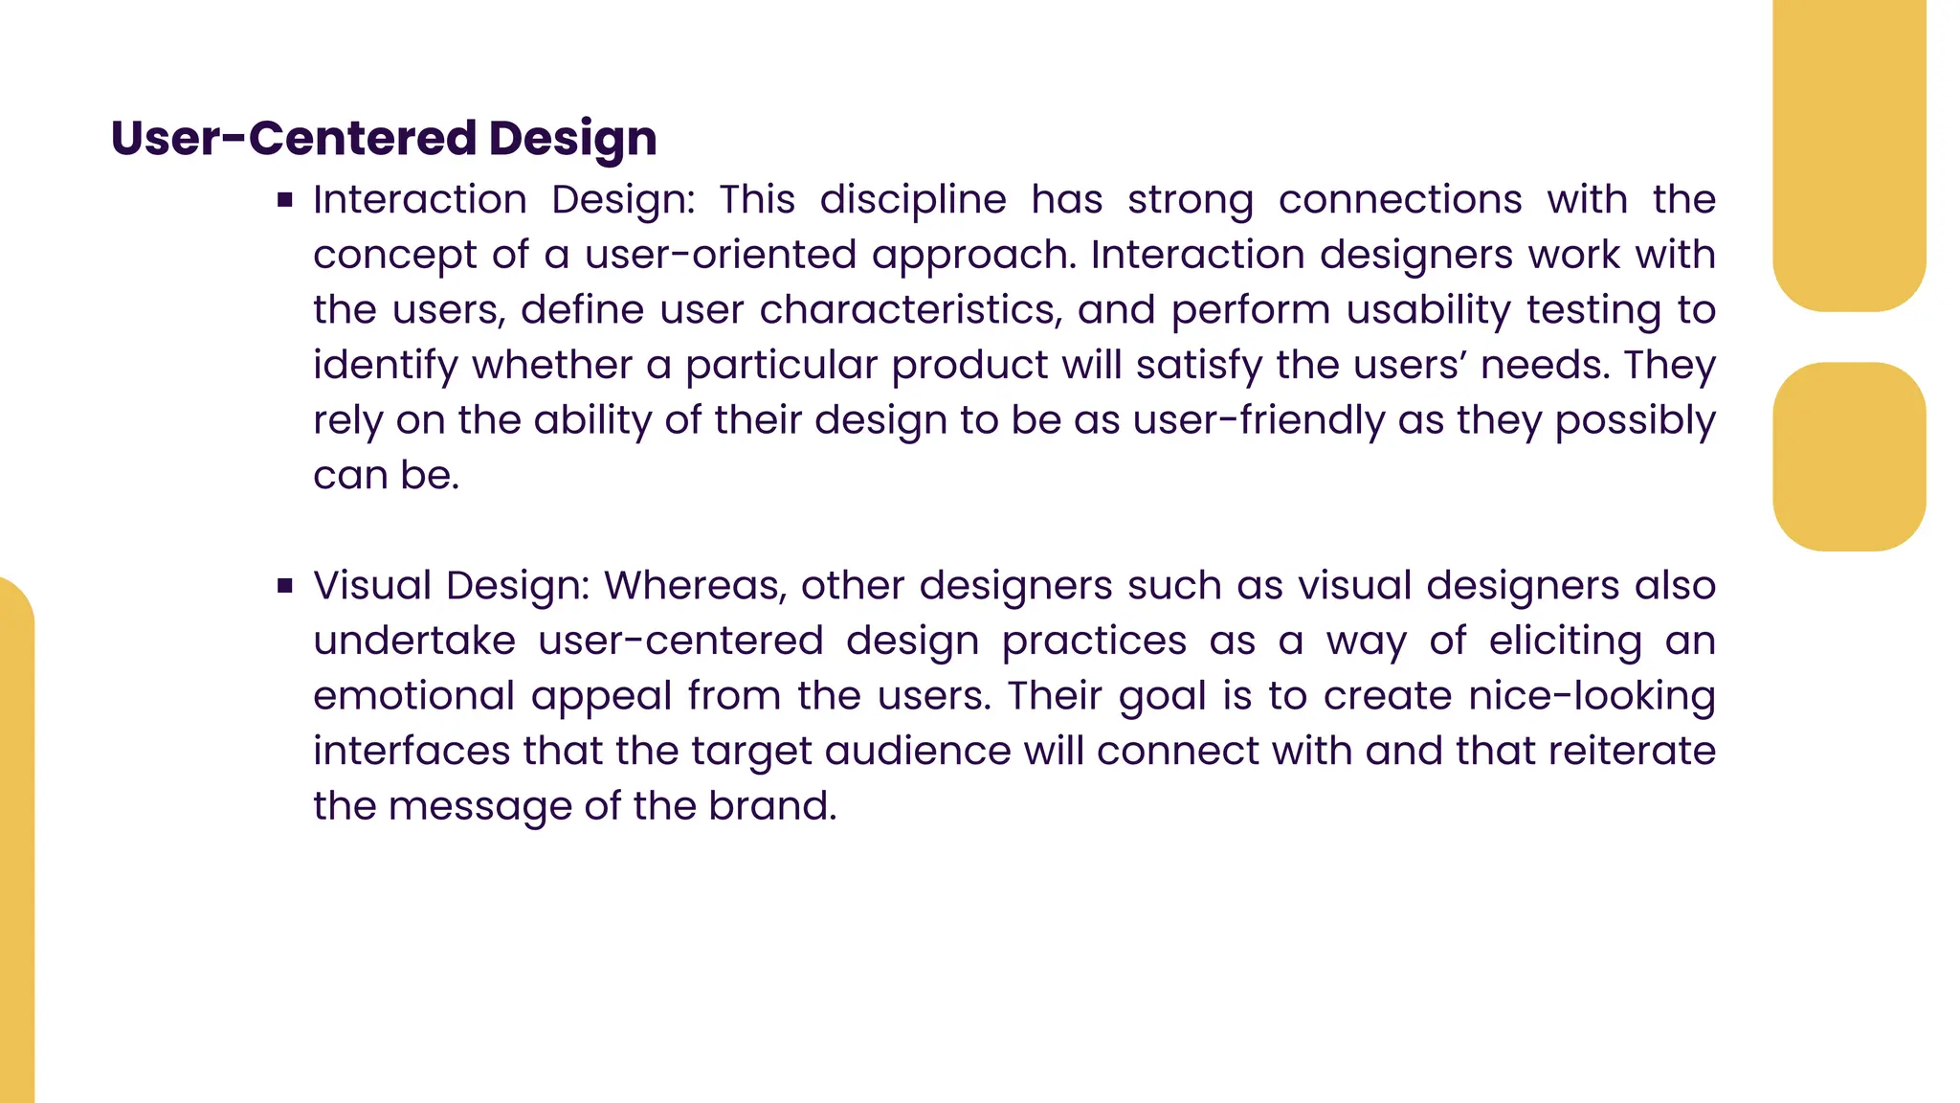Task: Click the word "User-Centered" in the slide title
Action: [x=293, y=138]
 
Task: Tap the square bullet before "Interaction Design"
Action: [x=284, y=200]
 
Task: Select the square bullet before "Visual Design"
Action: [x=284, y=586]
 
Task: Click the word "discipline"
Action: [x=912, y=200]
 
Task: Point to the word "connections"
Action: [x=1399, y=200]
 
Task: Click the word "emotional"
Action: [x=414, y=696]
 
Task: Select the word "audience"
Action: [x=917, y=751]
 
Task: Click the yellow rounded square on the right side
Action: [x=1849, y=457]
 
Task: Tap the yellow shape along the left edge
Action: [x=16, y=843]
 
